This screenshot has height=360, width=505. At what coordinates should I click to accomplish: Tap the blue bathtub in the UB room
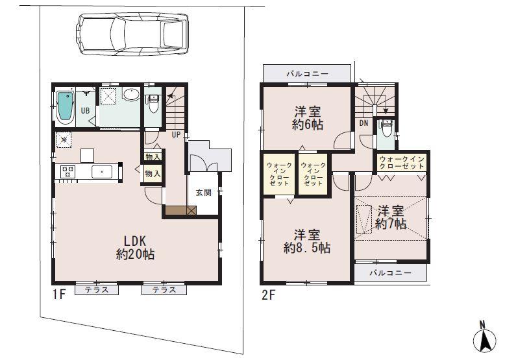pyautogui.click(x=64, y=108)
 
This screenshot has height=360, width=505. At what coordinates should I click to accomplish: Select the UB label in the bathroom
pyautogui.click(x=85, y=111)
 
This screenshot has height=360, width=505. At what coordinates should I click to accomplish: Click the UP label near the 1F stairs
pyautogui.click(x=176, y=136)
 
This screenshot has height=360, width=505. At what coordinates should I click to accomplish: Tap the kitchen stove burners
pyautogui.click(x=68, y=172)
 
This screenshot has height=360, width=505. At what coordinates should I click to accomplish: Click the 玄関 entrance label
pyautogui.click(x=203, y=192)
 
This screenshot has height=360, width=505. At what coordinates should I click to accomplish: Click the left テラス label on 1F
pyautogui.click(x=96, y=290)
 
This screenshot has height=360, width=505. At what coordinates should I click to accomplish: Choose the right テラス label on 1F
pyautogui.click(x=164, y=290)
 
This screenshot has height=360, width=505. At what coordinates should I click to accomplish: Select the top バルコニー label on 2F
pyautogui.click(x=308, y=74)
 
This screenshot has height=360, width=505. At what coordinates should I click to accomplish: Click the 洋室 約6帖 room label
pyautogui.click(x=307, y=117)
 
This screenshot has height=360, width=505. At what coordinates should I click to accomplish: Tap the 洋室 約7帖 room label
pyautogui.click(x=391, y=217)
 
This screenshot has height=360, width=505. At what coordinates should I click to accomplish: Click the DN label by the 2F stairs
pyautogui.click(x=363, y=122)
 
